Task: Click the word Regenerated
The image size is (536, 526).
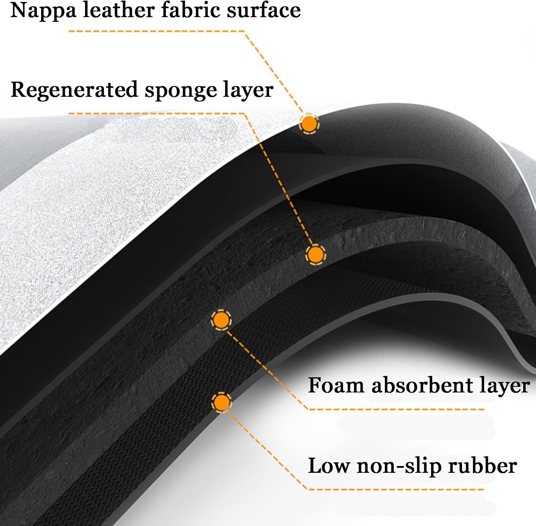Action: (x=74, y=90)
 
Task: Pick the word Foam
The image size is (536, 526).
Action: (x=336, y=386)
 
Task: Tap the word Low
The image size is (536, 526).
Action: (x=328, y=466)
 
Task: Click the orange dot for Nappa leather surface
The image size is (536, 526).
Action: (x=309, y=124)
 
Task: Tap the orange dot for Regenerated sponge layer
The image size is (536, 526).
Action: (x=315, y=255)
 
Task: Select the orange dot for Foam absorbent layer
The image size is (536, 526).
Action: (x=221, y=320)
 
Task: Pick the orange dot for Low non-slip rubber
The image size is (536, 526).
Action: (x=222, y=402)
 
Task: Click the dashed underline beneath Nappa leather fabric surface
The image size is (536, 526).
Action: (x=157, y=31)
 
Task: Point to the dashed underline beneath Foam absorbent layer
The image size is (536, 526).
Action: (x=396, y=409)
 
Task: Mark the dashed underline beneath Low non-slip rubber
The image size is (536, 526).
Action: (x=396, y=489)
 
